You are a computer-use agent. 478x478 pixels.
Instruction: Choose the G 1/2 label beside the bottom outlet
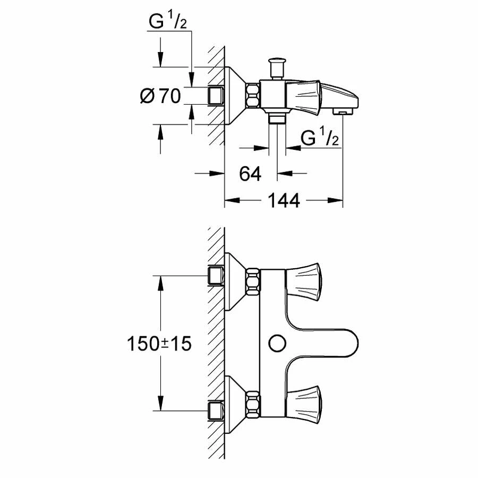(320, 138)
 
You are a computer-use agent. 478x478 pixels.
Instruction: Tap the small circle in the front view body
(276, 343)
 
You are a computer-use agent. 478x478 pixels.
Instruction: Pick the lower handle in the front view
(303, 399)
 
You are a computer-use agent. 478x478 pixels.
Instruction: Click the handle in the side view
(303, 95)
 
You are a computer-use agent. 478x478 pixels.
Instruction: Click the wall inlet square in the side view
(215, 96)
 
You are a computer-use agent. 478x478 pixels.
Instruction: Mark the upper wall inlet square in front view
(215, 276)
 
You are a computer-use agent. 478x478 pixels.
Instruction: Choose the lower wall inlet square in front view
(215, 410)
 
